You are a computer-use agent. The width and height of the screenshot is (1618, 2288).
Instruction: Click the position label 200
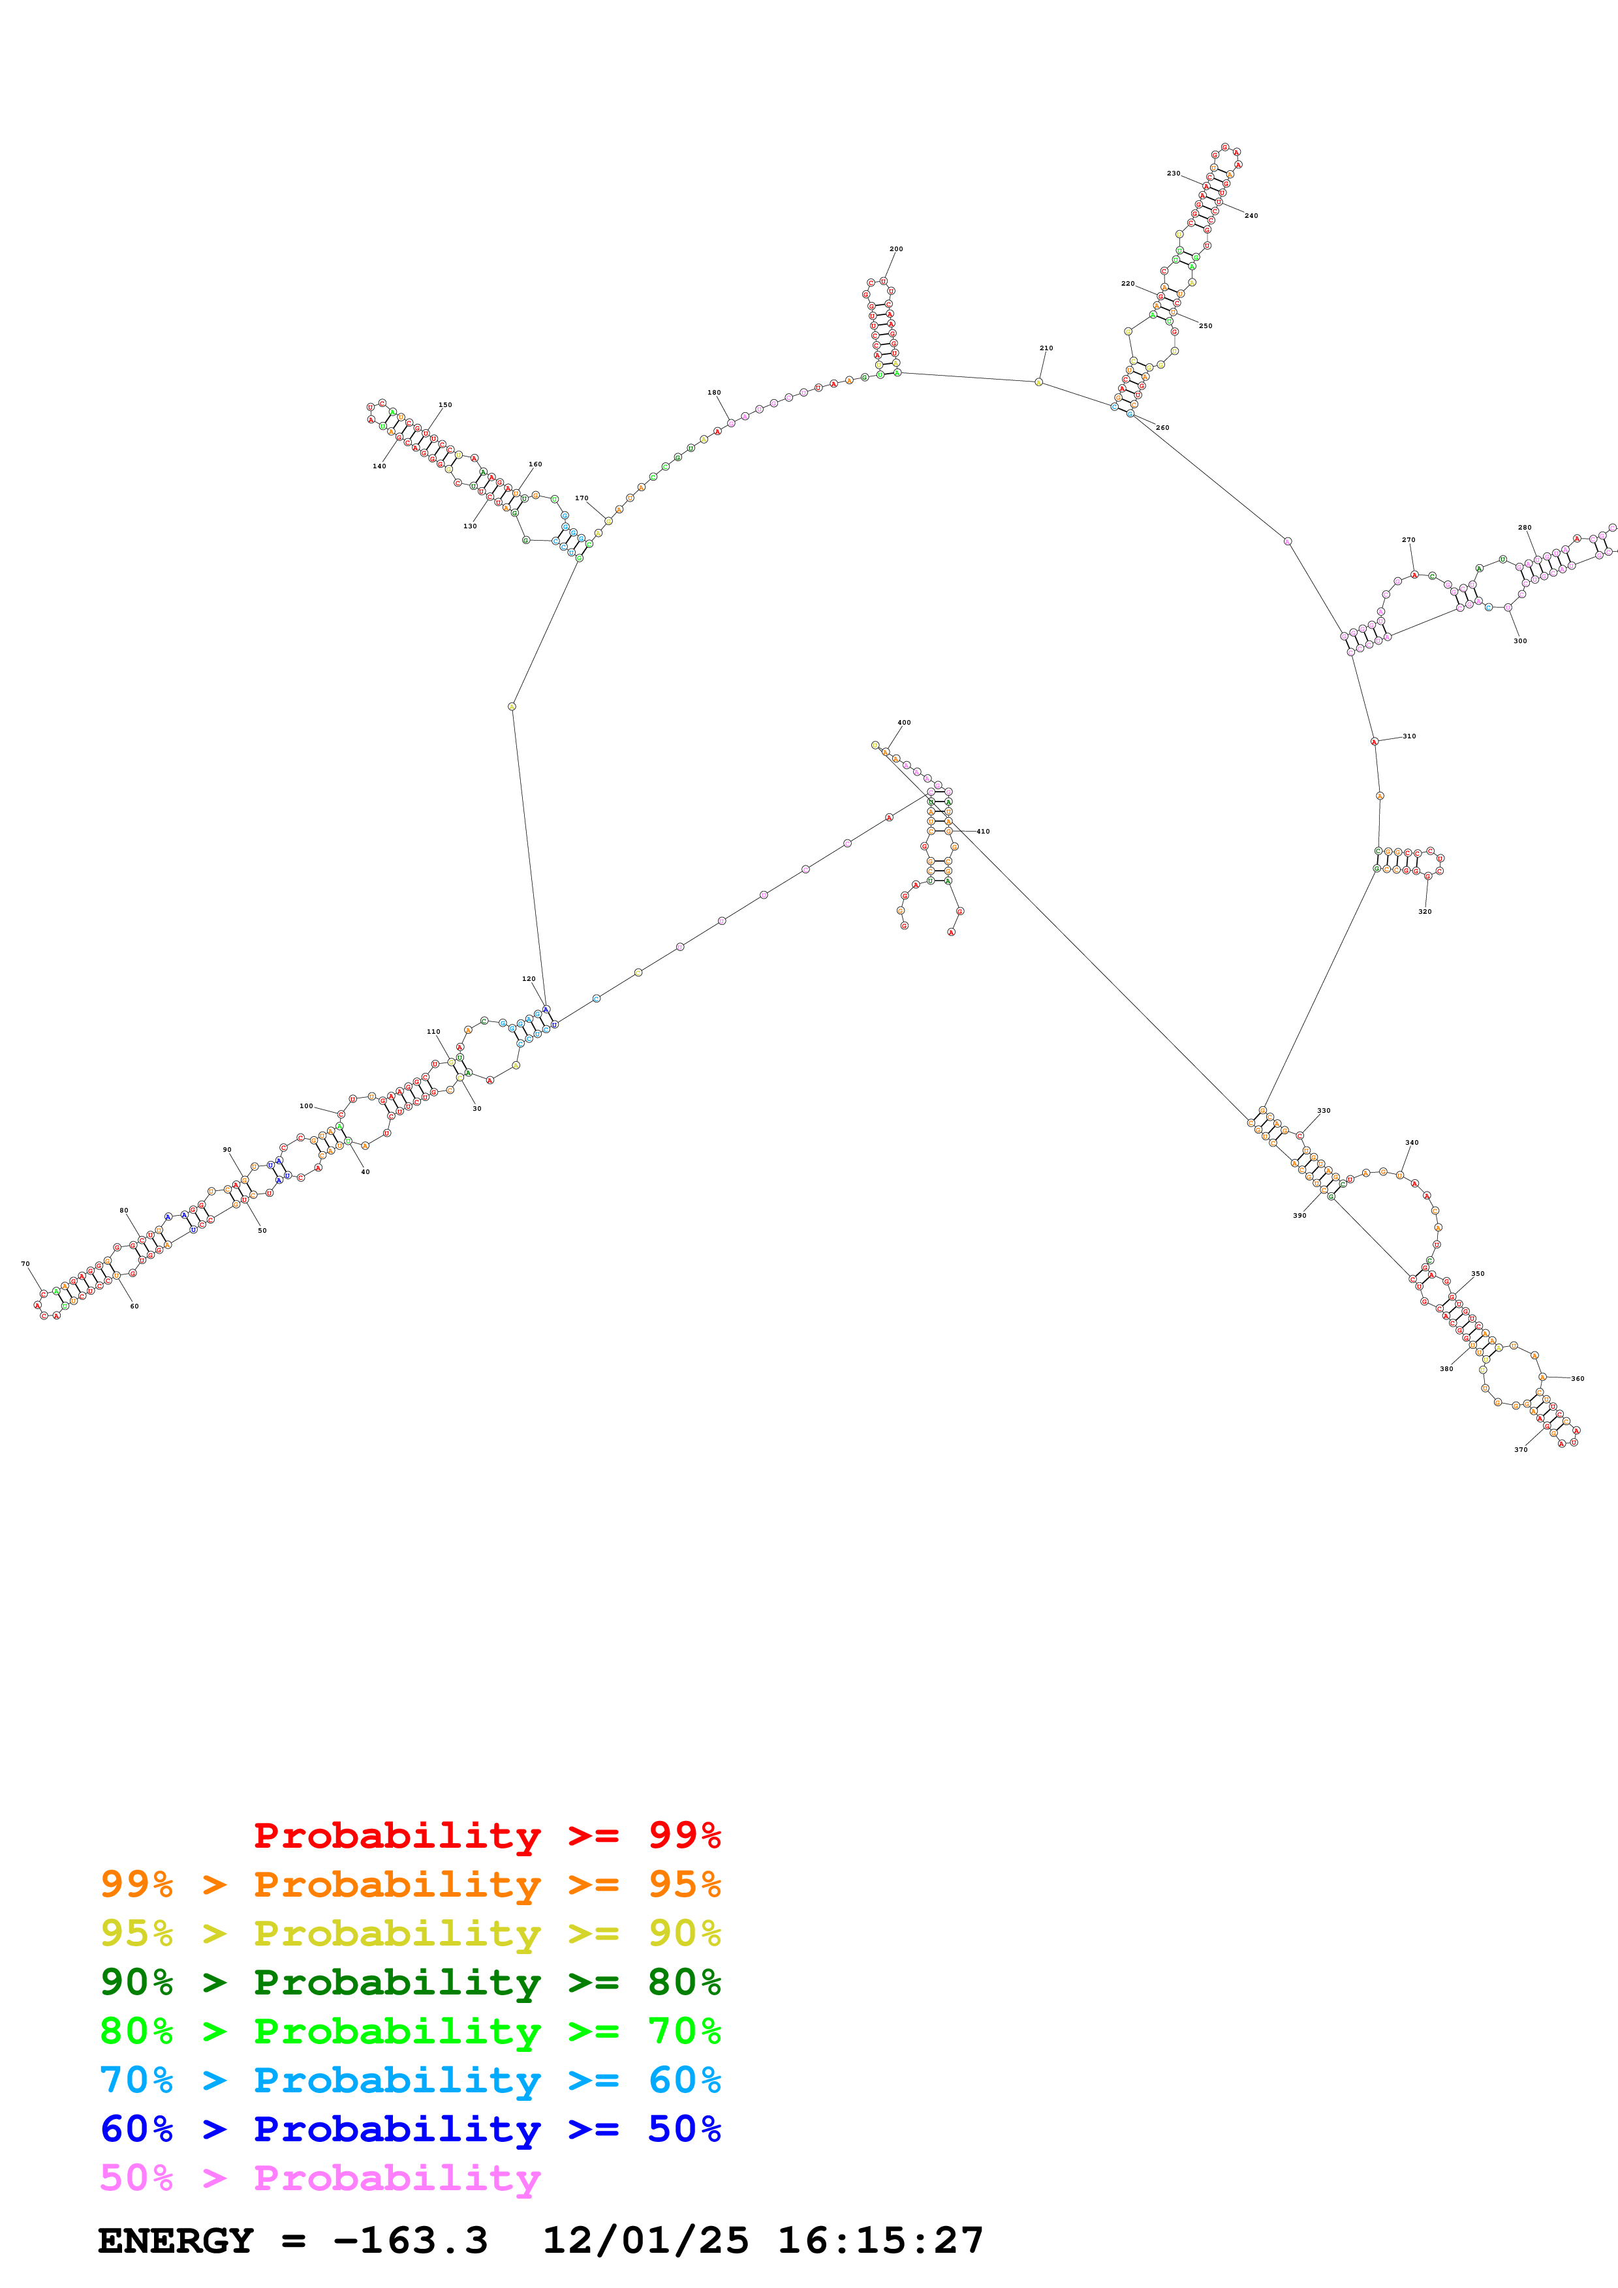(895, 249)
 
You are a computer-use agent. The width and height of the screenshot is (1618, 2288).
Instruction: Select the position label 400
(903, 723)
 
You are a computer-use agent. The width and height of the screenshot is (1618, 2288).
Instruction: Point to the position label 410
(983, 831)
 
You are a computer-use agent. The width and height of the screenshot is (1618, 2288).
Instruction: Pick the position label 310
(1408, 736)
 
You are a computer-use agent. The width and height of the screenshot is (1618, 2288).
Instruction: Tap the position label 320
(1425, 912)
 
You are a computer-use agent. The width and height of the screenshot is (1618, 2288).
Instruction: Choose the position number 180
(714, 393)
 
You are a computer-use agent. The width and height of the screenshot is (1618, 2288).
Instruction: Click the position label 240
(1251, 215)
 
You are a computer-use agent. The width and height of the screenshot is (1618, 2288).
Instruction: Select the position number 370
(1520, 1450)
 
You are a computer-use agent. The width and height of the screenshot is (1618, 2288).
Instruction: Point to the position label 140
(379, 466)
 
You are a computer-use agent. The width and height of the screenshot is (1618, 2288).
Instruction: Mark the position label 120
(529, 978)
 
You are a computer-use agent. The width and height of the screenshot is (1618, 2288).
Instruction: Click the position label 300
(1519, 640)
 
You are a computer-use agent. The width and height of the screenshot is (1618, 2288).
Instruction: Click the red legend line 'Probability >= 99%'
(486, 1835)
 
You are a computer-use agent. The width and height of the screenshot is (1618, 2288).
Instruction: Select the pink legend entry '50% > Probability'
(319, 2178)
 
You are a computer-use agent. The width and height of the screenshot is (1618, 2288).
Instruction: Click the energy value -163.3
(410, 2241)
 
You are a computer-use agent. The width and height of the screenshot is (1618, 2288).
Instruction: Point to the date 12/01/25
(645, 2241)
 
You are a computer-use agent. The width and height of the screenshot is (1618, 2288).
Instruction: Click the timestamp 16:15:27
(879, 2241)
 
